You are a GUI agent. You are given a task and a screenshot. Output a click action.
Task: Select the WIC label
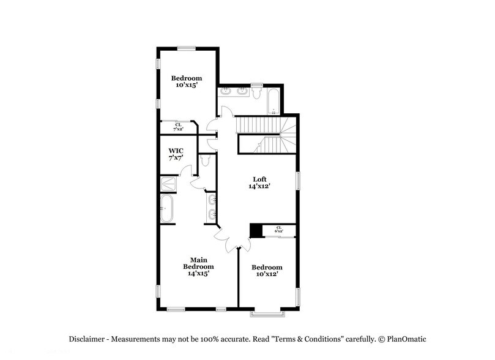pyautogui.click(x=176, y=150)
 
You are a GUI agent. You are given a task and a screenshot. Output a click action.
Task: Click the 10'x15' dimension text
pyautogui.click(x=186, y=86)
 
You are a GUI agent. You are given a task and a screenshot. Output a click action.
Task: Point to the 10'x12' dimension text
pyautogui.click(x=267, y=275)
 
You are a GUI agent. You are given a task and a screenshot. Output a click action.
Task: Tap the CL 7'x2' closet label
pyautogui.click(x=179, y=127)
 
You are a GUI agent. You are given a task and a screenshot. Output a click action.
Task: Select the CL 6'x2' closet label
pyautogui.click(x=279, y=229)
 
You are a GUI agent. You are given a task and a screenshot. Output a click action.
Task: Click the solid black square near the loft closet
pyautogui.click(x=256, y=230)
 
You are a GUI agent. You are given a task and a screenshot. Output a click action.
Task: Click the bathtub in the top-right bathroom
pyautogui.click(x=273, y=102)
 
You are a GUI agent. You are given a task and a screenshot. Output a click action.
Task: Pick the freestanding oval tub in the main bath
pyautogui.click(x=167, y=209)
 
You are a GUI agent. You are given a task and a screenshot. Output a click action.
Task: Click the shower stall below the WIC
pyautogui.click(x=169, y=184)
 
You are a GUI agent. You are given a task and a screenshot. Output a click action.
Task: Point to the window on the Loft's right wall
pyautogui.click(x=298, y=182)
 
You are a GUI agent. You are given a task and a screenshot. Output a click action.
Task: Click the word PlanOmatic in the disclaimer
pyautogui.click(x=405, y=339)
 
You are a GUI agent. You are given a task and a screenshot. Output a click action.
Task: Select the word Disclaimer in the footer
pyautogui.click(x=87, y=339)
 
